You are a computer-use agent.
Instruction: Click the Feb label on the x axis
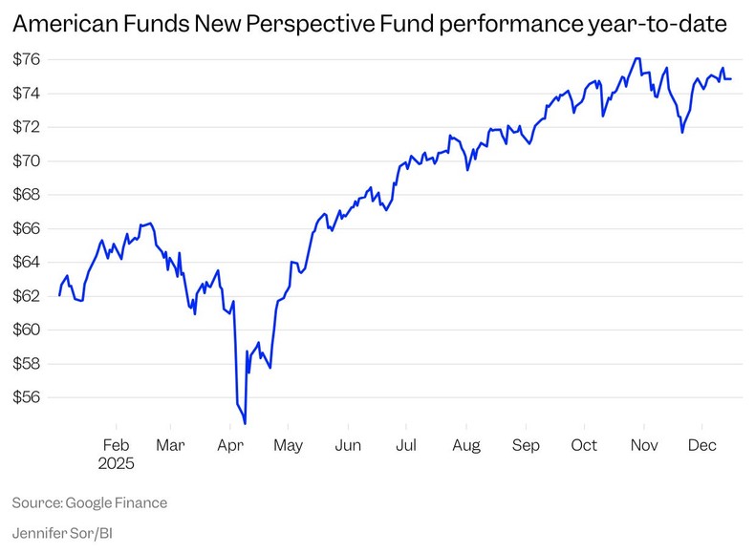(x=116, y=445)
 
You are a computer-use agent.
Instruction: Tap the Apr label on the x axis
(x=229, y=445)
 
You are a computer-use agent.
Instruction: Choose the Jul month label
(x=405, y=445)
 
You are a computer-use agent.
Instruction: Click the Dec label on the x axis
(x=702, y=445)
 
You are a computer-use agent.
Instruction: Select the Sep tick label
(x=526, y=445)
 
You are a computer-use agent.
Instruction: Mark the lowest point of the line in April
(x=246, y=423)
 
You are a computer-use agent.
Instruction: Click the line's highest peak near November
(x=636, y=58)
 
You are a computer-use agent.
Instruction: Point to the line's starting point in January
(x=59, y=295)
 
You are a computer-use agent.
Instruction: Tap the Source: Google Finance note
(x=90, y=501)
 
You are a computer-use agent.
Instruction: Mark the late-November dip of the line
(x=681, y=132)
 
